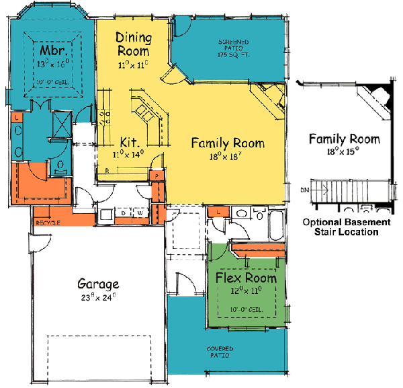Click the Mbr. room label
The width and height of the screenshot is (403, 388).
pyautogui.click(x=51, y=51)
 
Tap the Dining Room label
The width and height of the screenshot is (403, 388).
pyautogui.click(x=132, y=43)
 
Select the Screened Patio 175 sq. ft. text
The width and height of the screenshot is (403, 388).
pyautogui.click(x=233, y=48)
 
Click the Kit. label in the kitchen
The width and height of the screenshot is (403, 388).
pyautogui.click(x=129, y=143)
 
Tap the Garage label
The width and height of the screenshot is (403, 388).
pyautogui.click(x=98, y=284)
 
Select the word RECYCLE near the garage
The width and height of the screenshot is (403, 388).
pyautogui.click(x=49, y=222)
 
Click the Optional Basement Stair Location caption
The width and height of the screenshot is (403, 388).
pyautogui.click(x=345, y=227)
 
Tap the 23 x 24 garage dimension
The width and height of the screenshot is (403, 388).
pyautogui.click(x=99, y=297)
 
